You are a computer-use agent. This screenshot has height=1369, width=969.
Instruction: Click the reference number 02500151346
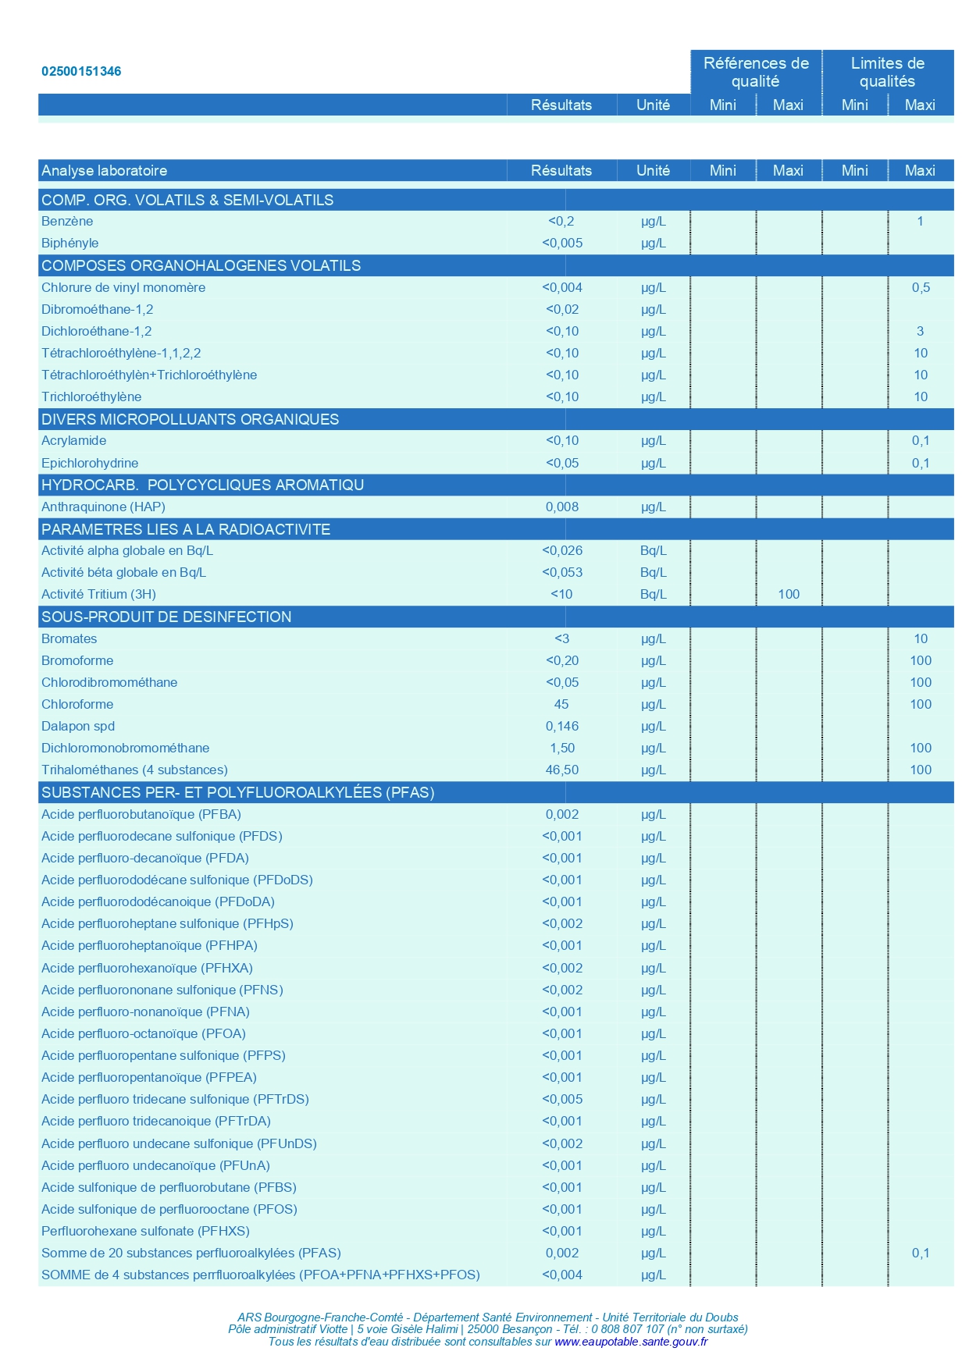[x=81, y=71]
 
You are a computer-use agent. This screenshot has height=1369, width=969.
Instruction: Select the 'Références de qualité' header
[x=755, y=72]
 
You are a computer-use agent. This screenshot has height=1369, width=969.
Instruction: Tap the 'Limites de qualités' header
[x=887, y=72]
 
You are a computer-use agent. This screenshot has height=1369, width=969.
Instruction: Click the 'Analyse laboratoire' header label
[x=104, y=170]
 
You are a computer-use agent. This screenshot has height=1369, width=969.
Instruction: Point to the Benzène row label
[x=67, y=221]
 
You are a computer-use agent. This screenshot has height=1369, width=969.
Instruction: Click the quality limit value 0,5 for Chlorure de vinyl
[x=921, y=287]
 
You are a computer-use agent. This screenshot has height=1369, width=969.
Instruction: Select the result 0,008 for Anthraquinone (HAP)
[x=561, y=507]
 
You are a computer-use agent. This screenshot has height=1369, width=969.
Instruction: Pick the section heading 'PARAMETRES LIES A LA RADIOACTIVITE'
[x=186, y=529]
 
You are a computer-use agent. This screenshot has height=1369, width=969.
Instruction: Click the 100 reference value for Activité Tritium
[x=789, y=594]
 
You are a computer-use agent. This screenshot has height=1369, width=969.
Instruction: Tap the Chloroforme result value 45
[x=561, y=704]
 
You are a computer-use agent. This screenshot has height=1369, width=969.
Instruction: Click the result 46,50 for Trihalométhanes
[x=561, y=770]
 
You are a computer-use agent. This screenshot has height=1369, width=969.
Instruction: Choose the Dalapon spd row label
[x=78, y=726]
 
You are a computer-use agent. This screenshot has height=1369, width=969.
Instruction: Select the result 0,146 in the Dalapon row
[x=561, y=726]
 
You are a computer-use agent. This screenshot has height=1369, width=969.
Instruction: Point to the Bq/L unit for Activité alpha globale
[x=653, y=550]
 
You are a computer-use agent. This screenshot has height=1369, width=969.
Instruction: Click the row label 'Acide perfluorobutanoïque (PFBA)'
[x=141, y=814]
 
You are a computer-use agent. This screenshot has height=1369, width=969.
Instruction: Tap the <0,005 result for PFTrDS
[x=561, y=1099]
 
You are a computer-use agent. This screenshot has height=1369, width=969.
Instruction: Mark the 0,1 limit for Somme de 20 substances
[x=921, y=1253]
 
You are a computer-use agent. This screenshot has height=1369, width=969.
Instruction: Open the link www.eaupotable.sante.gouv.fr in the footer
[x=631, y=1342]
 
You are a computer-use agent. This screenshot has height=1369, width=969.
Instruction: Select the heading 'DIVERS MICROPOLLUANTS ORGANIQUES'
[x=190, y=419]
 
